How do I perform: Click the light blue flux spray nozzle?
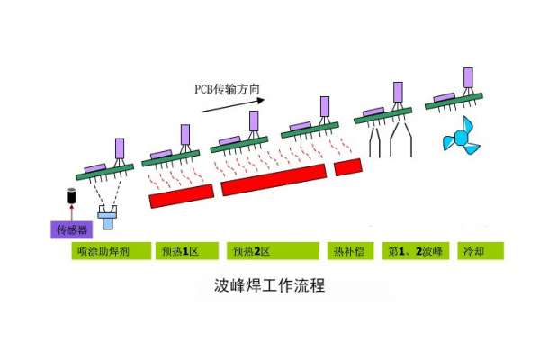(x=109, y=217)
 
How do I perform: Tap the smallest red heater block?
(x=347, y=167)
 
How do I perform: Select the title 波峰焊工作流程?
(x=269, y=287)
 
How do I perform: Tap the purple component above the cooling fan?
(x=469, y=76)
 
